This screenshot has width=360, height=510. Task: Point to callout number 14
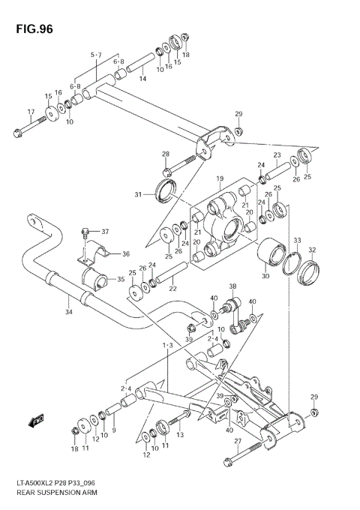pyautogui.click(x=142, y=79)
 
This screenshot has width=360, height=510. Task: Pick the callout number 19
pyautogui.click(x=220, y=178)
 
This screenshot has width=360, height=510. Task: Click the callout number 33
pyautogui.click(x=297, y=241)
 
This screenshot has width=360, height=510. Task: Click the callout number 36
pyautogui.click(x=125, y=253)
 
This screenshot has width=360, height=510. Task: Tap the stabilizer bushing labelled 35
pyautogui.click(x=97, y=282)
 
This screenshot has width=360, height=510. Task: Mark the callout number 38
pyautogui.click(x=232, y=286)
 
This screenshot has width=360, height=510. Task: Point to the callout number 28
pyautogui.click(x=166, y=154)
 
